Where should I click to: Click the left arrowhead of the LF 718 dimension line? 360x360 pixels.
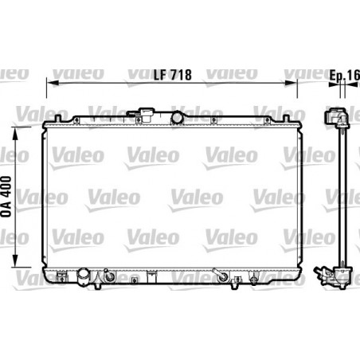53,81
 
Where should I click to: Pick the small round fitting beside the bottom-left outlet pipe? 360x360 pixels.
109,277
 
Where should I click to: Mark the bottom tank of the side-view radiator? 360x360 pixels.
334,275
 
